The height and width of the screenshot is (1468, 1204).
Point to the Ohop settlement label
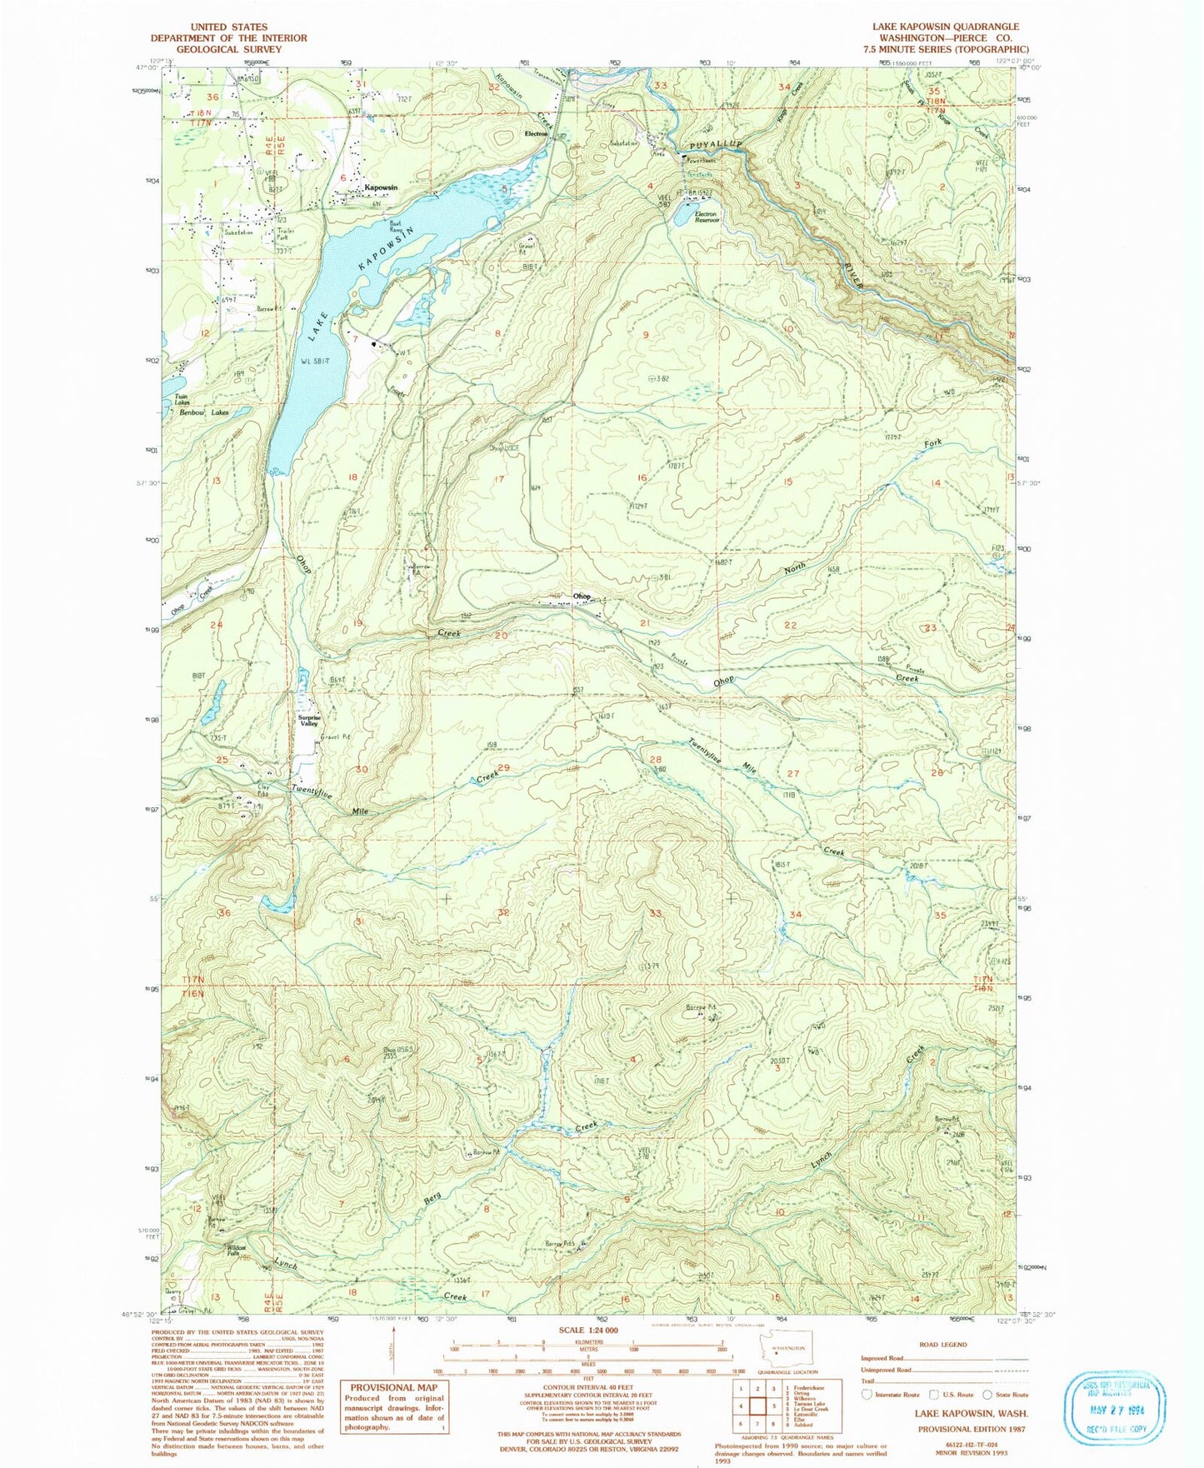tap(582, 597)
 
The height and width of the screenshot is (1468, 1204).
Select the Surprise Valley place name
tap(309, 721)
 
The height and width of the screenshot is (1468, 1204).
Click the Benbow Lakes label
tap(203, 412)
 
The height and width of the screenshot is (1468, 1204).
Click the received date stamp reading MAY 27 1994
tap(1115, 1417)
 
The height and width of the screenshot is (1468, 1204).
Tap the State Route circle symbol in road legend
tap(987, 1394)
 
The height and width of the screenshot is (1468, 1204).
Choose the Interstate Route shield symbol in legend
tap(867, 1394)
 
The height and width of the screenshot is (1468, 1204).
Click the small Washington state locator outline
tap(786, 1351)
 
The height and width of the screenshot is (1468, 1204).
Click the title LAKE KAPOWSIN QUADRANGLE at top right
tap(946, 27)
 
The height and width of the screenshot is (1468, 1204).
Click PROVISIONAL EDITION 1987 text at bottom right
tap(971, 1429)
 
